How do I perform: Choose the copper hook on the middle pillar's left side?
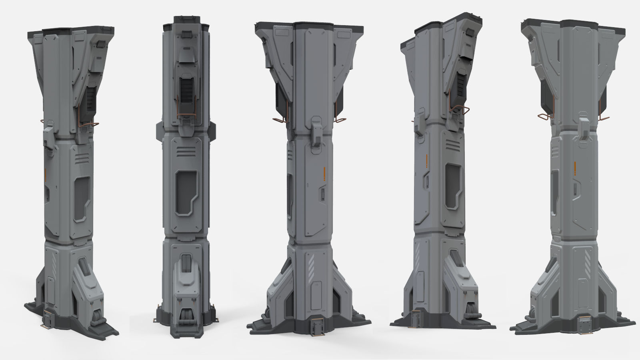click(x=280, y=119)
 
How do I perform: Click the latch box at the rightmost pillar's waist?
click(x=584, y=129)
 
